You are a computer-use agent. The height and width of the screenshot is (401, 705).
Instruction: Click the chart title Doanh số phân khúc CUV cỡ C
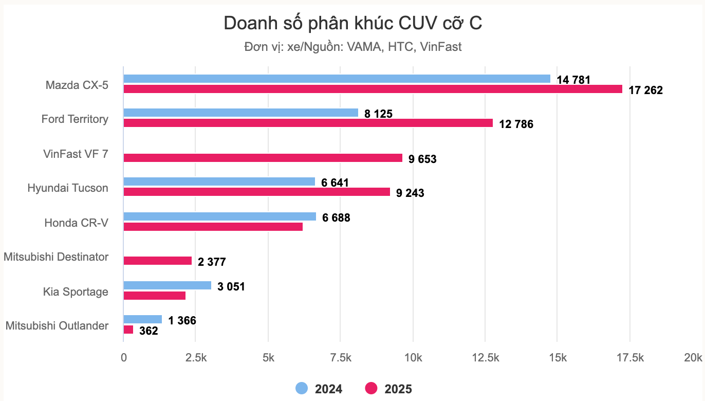(352, 24)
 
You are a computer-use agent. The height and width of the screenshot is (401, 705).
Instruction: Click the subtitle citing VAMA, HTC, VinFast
(352, 47)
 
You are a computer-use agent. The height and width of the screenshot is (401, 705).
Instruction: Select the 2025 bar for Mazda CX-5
(373, 89)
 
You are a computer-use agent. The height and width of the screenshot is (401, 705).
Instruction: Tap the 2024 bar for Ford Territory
(240, 113)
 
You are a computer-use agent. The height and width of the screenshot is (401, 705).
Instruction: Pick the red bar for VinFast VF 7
(263, 158)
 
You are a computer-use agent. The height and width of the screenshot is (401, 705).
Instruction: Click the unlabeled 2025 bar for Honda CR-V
(213, 227)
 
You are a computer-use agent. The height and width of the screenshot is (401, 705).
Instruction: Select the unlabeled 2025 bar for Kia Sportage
(154, 296)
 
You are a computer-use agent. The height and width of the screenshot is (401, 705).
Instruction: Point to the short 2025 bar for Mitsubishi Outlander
(128, 330)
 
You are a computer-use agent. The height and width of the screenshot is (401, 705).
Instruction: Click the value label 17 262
(645, 91)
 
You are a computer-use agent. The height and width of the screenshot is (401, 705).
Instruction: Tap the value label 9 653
(422, 159)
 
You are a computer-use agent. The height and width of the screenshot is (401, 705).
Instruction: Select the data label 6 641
(335, 183)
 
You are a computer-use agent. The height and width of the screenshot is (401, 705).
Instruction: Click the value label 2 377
(212, 263)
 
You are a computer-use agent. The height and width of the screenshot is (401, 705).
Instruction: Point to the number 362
(149, 332)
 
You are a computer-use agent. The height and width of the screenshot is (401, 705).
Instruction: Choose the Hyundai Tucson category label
(68, 188)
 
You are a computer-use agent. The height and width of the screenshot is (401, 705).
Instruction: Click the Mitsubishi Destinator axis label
(56, 257)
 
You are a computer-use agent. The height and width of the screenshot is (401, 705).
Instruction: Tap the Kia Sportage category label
(76, 292)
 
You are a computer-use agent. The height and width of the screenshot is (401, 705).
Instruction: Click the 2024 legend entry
(319, 389)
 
